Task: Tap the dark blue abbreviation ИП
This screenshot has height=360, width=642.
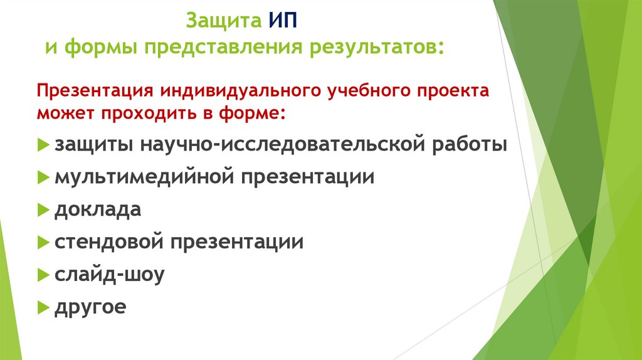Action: click(x=283, y=22)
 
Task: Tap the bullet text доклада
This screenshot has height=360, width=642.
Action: click(x=97, y=209)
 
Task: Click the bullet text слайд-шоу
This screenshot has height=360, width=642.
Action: click(x=109, y=275)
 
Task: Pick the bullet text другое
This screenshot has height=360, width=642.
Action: click(x=90, y=307)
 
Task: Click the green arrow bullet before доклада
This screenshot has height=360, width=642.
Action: click(x=43, y=209)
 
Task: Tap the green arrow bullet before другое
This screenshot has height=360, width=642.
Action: click(x=43, y=308)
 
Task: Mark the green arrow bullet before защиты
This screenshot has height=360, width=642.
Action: click(x=43, y=145)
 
